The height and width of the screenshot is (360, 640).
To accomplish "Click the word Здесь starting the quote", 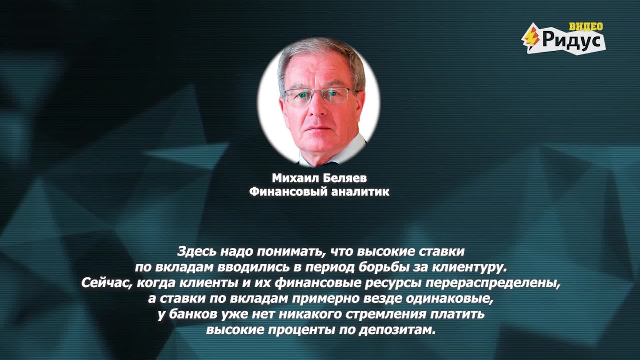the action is click(x=197, y=251).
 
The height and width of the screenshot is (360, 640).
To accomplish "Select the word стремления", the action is click(x=387, y=315).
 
